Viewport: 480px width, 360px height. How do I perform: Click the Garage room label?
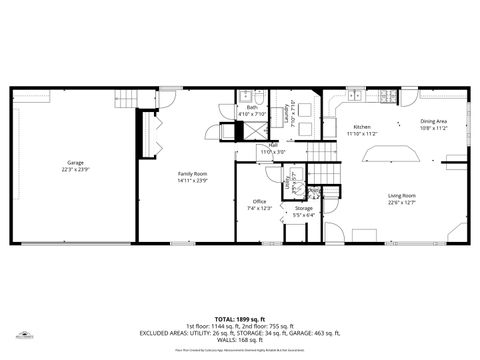(x=75, y=162)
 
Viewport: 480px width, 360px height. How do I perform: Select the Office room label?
(x=259, y=201)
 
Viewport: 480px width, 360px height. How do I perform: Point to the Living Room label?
(x=402, y=196)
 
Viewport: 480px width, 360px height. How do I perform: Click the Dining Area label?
(x=433, y=122)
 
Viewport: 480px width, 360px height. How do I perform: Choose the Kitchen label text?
(x=361, y=127)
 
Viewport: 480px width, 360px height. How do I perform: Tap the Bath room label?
(x=252, y=108)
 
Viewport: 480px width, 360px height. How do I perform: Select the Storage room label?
(x=303, y=208)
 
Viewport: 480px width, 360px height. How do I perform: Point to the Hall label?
(x=273, y=145)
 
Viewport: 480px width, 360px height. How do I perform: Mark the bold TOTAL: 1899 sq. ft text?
(x=239, y=317)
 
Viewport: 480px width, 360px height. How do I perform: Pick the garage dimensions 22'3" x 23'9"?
(x=75, y=168)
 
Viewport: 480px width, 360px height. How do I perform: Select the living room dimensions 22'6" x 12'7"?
(x=402, y=202)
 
